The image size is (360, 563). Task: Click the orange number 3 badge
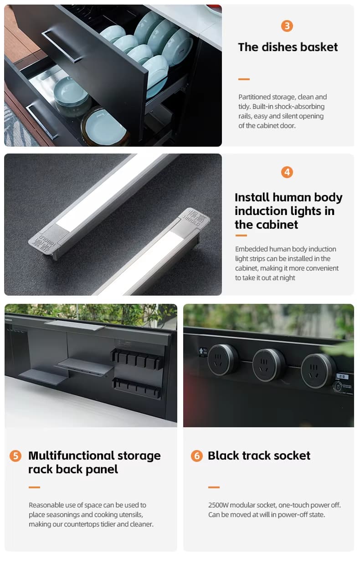(x=287, y=26)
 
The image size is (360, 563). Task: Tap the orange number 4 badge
(x=287, y=172)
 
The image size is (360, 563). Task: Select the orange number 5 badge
(x=15, y=456)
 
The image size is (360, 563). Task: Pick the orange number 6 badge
(x=196, y=456)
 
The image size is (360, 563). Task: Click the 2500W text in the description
(x=218, y=505)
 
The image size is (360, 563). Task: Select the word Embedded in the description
(x=252, y=249)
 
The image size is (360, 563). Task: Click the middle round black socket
(x=268, y=365)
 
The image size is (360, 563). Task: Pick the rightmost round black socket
(x=318, y=371)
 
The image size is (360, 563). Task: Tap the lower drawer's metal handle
(x=41, y=121)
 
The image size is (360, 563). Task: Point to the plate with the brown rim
(x=104, y=127)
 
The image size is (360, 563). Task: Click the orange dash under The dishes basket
(x=244, y=79)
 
